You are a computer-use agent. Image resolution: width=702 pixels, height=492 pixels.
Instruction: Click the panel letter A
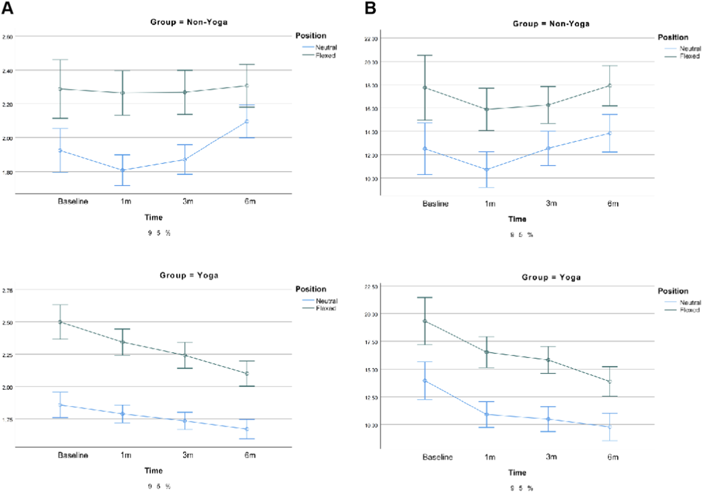(7, 8)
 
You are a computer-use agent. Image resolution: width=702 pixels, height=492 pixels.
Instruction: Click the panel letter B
(370, 8)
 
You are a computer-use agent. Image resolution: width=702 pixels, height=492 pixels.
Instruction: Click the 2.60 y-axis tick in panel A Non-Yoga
(8, 37)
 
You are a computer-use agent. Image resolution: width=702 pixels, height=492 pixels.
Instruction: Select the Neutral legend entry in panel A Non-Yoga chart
(326, 48)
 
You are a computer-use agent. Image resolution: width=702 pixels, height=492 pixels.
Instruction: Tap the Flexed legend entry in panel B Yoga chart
(689, 310)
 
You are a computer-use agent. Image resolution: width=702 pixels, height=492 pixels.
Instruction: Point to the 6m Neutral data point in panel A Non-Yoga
(246, 122)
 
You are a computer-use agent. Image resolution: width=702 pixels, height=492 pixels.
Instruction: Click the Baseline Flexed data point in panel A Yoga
(60, 322)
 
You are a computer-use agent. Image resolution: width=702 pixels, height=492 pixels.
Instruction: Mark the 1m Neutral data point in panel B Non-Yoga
(487, 170)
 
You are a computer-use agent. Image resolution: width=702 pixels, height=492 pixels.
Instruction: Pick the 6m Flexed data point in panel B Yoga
(610, 382)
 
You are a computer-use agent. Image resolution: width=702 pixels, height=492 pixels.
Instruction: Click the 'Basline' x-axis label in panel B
(435, 204)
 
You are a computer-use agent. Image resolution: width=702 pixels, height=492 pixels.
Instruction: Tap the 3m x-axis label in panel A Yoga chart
(188, 455)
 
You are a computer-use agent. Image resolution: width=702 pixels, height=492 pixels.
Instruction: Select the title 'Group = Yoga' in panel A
(189, 275)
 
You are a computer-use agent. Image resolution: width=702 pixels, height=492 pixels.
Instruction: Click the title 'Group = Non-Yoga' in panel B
(551, 24)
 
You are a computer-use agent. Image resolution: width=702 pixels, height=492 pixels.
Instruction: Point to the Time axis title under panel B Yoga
(517, 473)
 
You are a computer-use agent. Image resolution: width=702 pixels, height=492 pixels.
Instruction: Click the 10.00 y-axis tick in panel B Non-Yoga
(371, 179)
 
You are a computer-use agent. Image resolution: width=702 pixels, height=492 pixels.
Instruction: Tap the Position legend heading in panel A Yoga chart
(311, 289)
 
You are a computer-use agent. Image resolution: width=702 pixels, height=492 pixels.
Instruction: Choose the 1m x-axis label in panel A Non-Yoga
(126, 202)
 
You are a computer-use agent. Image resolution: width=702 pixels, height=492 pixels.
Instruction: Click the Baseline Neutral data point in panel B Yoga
(425, 381)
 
